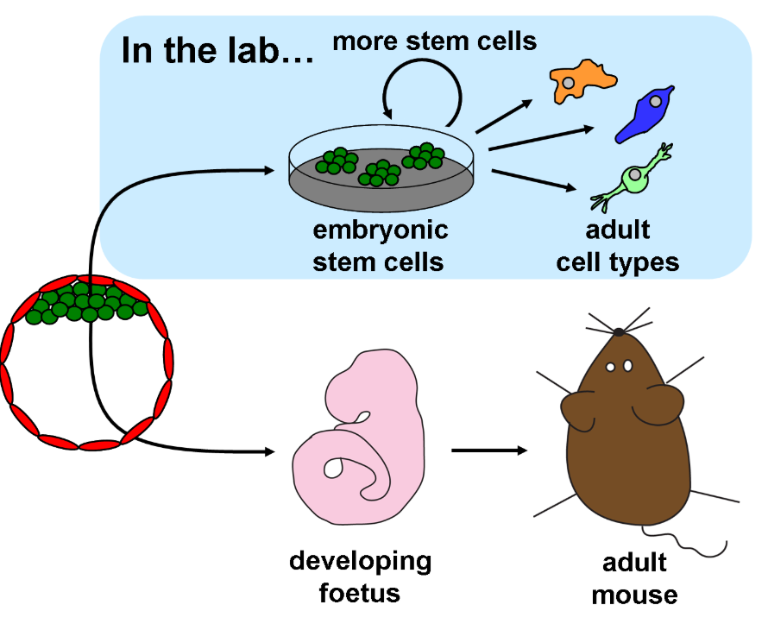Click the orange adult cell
point(583,78)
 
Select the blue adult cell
point(643,115)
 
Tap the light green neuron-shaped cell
point(634,180)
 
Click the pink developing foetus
point(358,440)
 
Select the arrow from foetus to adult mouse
point(489,450)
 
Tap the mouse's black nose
point(619,331)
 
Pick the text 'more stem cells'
point(435,41)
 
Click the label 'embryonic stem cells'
point(381,246)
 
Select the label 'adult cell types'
point(618,246)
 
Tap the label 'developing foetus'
point(360,576)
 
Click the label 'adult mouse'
point(634,579)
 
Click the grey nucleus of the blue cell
point(657,101)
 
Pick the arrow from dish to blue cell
point(540,138)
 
